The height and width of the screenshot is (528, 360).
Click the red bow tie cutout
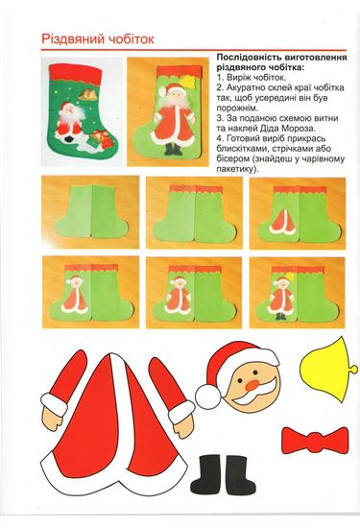(x=315, y=441)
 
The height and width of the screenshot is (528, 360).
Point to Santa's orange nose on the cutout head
(x=252, y=386)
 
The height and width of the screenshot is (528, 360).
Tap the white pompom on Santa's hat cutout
(x=208, y=397)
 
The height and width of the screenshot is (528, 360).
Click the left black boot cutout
(x=205, y=474)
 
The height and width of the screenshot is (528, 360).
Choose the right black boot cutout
(x=240, y=474)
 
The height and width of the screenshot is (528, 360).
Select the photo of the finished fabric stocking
(x=83, y=111)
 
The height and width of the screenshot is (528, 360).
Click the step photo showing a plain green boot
(x=90, y=212)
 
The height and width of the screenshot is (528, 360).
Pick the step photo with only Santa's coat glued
(x=298, y=213)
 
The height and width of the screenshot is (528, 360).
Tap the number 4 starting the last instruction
(x=219, y=138)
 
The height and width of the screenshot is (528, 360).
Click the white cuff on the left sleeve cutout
(x=54, y=403)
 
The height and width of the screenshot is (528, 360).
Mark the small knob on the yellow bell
(x=353, y=369)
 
